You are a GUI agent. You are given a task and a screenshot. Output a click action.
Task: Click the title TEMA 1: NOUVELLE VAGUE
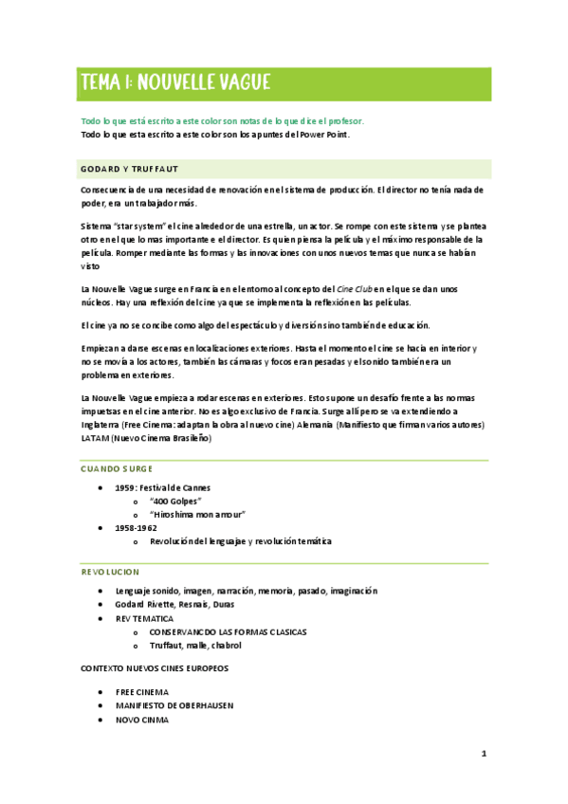pos(175,82)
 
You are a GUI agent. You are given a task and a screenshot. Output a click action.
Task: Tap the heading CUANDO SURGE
pos(117,469)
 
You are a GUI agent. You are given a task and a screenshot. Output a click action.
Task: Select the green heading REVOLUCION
pos(110,572)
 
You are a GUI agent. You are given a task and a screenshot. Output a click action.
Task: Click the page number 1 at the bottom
pos(484,755)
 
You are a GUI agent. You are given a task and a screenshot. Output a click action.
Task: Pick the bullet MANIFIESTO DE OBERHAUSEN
pos(174,705)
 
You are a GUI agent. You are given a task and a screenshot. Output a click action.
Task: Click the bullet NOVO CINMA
pos(142,720)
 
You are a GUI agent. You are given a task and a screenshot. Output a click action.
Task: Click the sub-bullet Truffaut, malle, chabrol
pos(195,645)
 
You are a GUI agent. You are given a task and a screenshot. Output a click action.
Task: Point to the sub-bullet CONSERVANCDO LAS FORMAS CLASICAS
pos(228,631)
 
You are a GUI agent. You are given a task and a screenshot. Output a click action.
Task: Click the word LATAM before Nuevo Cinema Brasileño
pos(95,438)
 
